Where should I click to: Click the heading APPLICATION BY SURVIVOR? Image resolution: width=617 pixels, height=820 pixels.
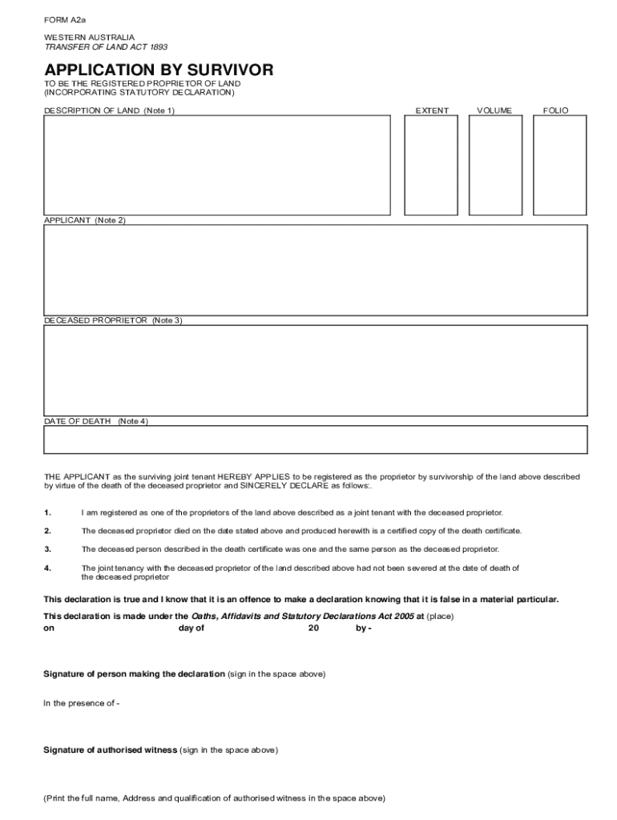pos(159,70)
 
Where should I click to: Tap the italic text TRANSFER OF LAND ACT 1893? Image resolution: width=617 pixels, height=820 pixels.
pos(95,47)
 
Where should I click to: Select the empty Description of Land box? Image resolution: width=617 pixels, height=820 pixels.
pos(216,165)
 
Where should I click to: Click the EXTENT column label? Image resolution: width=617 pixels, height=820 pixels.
pos(432,111)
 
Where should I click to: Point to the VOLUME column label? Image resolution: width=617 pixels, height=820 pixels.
pos(494,111)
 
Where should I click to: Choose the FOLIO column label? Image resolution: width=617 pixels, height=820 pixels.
pos(555,111)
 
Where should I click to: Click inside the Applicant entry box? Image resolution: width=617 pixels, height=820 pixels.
pos(315,270)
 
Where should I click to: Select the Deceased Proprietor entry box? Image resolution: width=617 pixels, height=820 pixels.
pos(315,370)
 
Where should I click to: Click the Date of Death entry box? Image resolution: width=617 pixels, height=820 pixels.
pos(315,440)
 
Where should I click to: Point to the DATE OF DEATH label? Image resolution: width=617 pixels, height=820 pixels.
pos(77,421)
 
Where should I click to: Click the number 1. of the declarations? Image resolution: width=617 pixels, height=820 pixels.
pos(47,512)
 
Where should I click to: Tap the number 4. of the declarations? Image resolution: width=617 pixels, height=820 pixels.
pos(47,568)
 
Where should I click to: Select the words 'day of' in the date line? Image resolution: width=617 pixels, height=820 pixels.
pos(192,629)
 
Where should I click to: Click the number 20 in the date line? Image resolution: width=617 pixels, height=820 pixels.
pos(313,629)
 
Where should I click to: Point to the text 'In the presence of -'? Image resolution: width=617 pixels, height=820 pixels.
pos(81,703)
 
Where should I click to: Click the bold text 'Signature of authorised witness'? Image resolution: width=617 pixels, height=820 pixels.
pos(110,750)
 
